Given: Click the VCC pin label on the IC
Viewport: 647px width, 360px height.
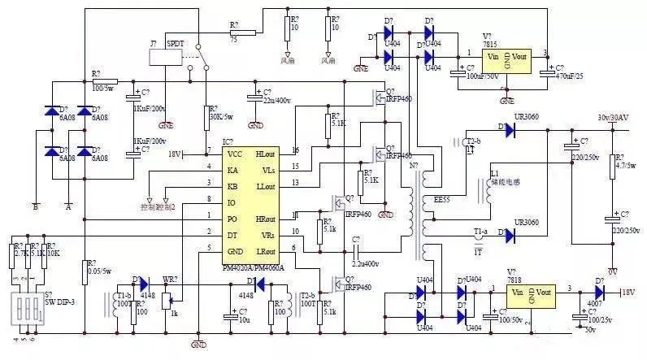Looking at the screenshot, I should (x=235, y=153).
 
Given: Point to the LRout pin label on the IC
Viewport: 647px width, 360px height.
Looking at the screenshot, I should (x=265, y=249).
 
